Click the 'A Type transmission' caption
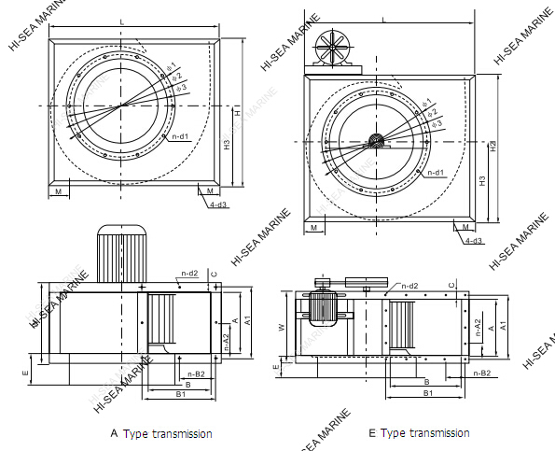(161, 433)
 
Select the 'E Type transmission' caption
(419, 433)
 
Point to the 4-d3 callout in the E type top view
(473, 241)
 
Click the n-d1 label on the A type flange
(180, 137)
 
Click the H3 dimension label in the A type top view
(227, 144)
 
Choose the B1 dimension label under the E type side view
(427, 394)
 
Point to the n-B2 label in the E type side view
(481, 373)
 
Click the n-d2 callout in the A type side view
(188, 273)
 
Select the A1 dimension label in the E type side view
(503, 326)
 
